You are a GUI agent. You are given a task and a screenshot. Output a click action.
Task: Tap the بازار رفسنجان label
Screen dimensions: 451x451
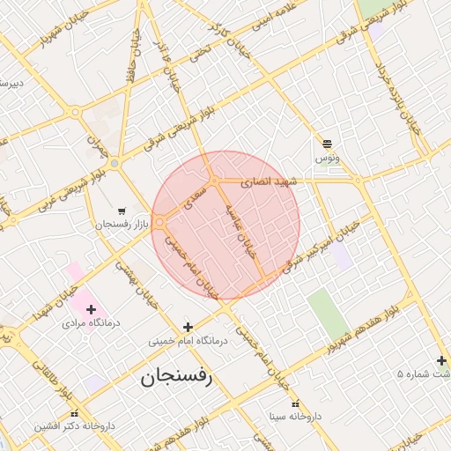click(x=126, y=225)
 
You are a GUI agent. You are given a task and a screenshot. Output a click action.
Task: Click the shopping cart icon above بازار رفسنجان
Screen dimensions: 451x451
click(x=121, y=211)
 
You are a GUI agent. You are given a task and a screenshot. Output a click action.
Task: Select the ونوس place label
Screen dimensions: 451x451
click(x=326, y=159)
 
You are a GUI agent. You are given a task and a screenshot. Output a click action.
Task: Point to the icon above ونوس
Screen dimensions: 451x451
click(x=327, y=144)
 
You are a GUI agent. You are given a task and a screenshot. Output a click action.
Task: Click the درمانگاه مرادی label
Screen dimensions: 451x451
click(x=91, y=323)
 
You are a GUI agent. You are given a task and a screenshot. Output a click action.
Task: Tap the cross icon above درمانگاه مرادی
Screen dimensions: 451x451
click(x=91, y=309)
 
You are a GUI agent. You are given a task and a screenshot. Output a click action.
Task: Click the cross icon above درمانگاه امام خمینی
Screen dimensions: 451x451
click(x=187, y=327)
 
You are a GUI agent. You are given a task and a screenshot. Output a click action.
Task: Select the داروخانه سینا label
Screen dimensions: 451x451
click(x=296, y=415)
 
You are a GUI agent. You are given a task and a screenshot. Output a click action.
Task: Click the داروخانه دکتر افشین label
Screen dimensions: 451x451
click(x=75, y=425)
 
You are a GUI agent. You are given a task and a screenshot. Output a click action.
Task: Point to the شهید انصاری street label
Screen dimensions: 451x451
click(x=271, y=181)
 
